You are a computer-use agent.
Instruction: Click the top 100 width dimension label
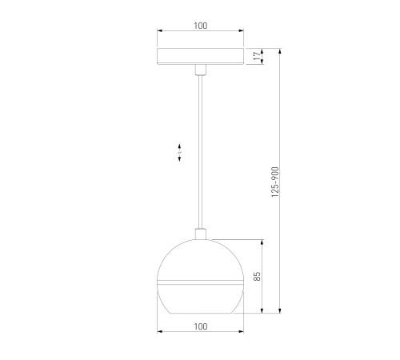(200, 26)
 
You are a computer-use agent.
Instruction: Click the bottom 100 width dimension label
(200, 326)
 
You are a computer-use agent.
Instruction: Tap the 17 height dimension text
(257, 56)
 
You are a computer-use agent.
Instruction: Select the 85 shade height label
(257, 276)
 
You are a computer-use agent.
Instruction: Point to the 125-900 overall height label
(275, 182)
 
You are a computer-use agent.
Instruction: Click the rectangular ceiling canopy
(200, 56)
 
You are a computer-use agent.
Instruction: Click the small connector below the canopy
(201, 70)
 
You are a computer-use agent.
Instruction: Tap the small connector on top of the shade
(201, 234)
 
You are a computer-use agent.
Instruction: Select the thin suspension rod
(201, 152)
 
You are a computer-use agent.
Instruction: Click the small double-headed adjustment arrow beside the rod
(179, 153)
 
